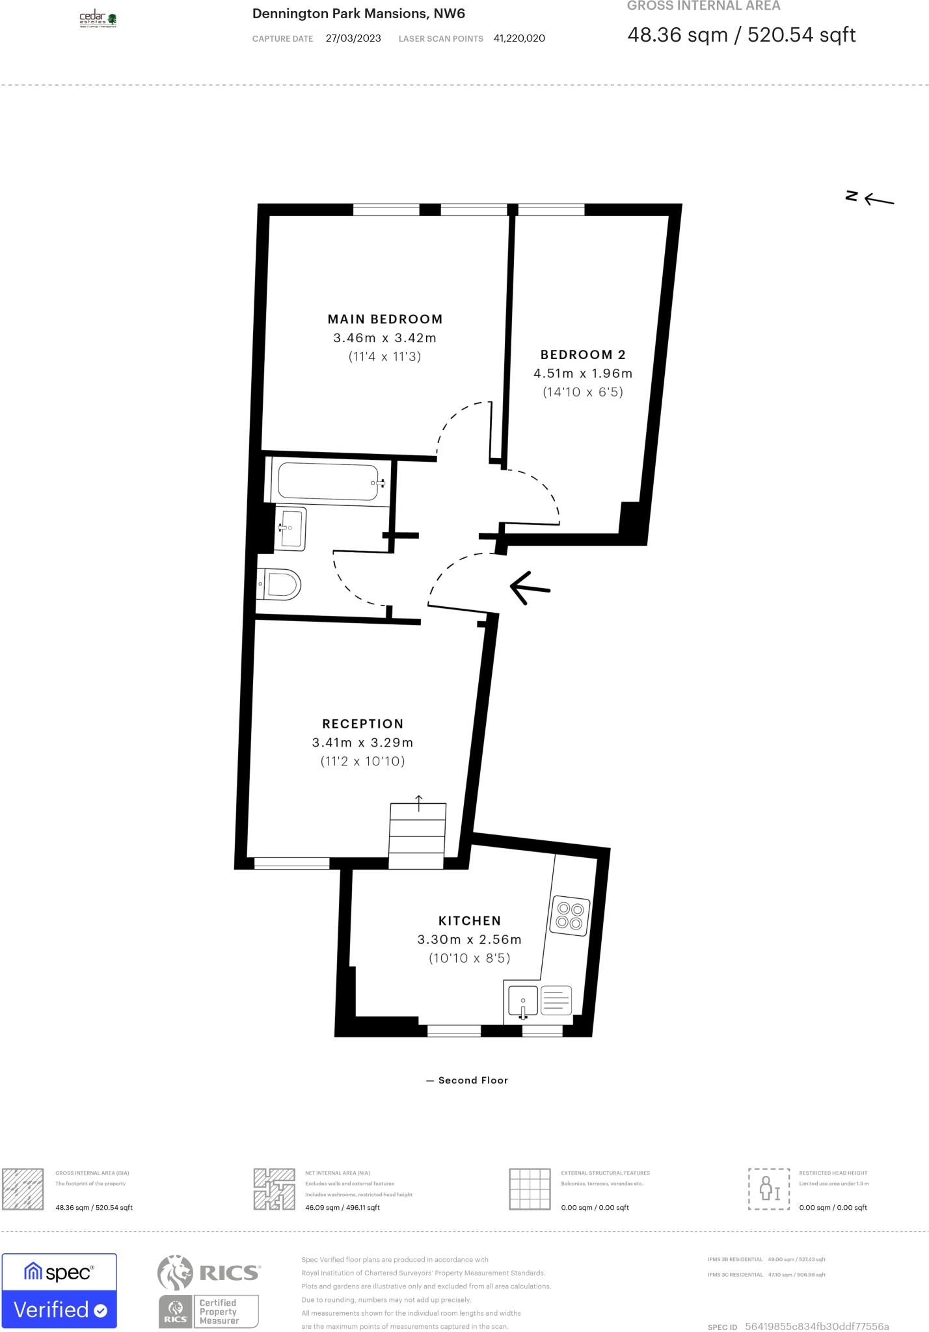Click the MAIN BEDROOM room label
384,319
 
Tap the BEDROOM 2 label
583,354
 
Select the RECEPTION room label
363,724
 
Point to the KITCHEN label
470,921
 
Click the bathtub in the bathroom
328,482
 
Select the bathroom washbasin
290,527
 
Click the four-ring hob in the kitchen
571,916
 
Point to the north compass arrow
878,200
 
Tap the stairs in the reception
418,836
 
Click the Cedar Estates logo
98,20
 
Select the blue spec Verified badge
59,1290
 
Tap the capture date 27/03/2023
353,38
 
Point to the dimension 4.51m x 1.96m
583,373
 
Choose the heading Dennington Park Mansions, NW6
358,14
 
